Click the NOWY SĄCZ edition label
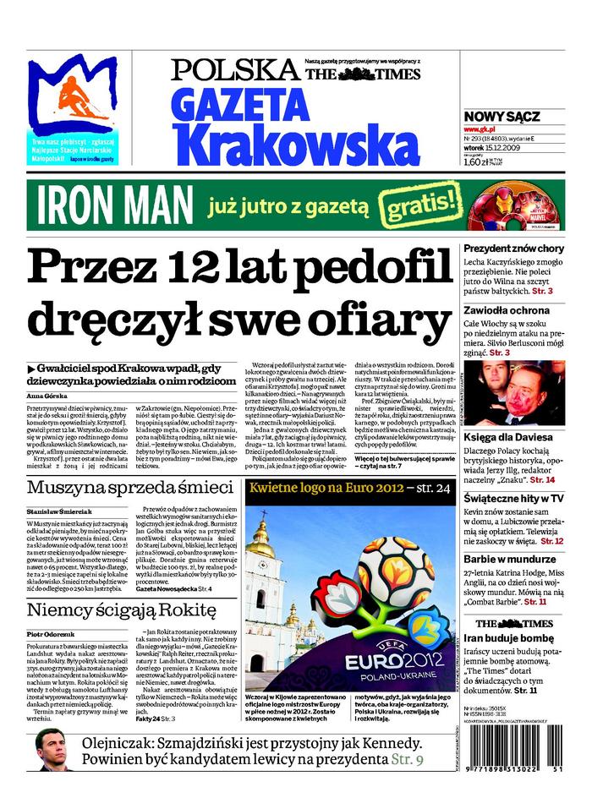coord(502,117)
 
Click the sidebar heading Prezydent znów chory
coord(513,249)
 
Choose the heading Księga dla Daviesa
coord(508,437)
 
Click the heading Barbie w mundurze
coord(510,559)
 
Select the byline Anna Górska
coord(47,396)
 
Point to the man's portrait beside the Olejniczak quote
coord(53,749)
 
